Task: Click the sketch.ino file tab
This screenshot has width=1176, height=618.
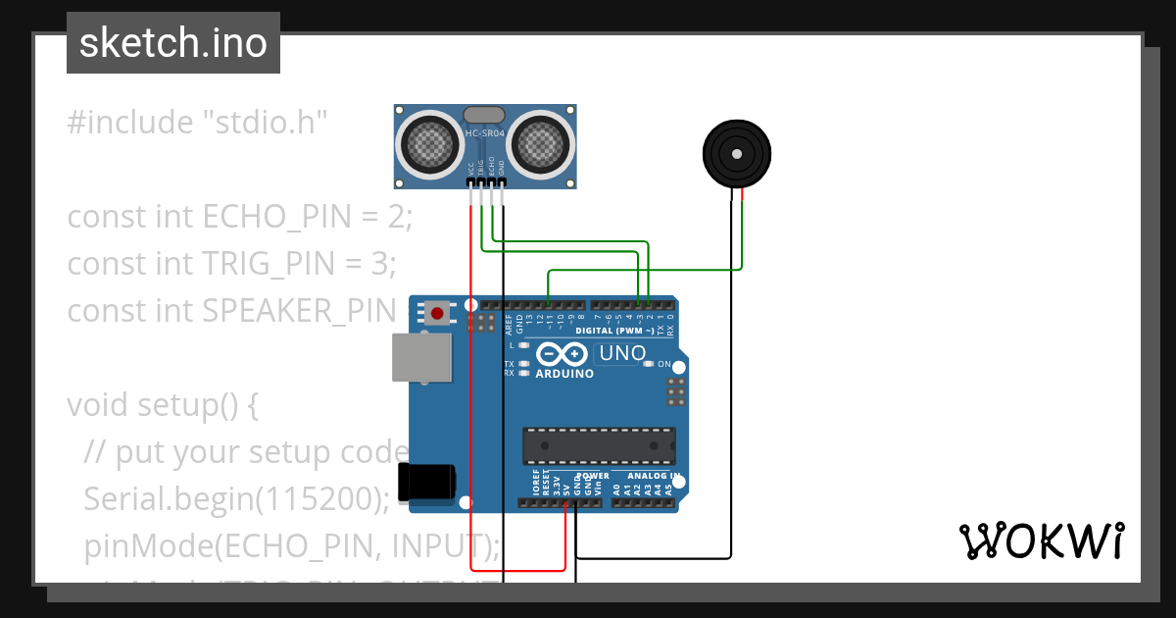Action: (x=173, y=43)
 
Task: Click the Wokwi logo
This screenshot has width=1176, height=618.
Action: (x=1041, y=541)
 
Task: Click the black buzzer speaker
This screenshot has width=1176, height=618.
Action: (x=736, y=155)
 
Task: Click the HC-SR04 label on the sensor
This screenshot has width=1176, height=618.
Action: (x=485, y=133)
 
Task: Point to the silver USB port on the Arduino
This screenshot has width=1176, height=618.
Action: (x=422, y=357)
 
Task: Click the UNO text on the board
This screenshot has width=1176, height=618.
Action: (x=621, y=353)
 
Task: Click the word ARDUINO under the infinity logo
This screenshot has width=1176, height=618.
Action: (x=563, y=374)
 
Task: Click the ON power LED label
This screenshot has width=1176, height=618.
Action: (x=663, y=364)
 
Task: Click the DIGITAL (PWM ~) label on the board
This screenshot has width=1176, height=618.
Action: (x=614, y=331)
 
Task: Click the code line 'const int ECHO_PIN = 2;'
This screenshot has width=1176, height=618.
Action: (x=240, y=217)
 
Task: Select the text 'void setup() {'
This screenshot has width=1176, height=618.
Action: (x=162, y=405)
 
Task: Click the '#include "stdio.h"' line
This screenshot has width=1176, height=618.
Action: (x=197, y=123)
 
